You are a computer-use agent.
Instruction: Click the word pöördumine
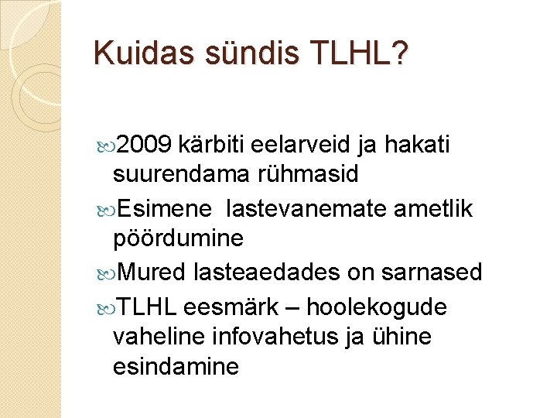click(x=178, y=238)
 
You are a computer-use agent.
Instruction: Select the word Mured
click(x=153, y=272)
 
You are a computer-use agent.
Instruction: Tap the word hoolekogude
click(x=377, y=307)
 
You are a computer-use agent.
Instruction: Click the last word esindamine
click(x=176, y=366)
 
